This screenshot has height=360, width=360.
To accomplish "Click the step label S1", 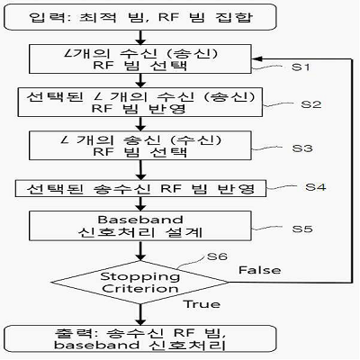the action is coord(301,67).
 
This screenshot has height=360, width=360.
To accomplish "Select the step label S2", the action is coord(311,104).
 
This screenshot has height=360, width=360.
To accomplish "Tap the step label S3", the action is coord(302,148).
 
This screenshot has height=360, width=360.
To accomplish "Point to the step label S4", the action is coord(316,187).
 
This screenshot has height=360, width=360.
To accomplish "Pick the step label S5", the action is coord(302,229).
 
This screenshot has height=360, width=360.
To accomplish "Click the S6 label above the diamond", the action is coord(217,256).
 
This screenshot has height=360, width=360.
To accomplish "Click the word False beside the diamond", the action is coord(260,270).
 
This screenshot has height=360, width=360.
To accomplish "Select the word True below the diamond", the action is coord(202,304).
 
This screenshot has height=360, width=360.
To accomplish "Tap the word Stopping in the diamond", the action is coord(140,276).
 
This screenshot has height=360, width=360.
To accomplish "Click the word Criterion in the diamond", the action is coord(140,289).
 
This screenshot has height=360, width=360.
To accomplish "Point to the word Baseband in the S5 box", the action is coord(140,220).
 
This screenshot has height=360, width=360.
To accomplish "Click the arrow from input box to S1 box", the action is coord(140,38).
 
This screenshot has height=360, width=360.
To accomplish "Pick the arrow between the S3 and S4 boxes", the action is coord(140,170).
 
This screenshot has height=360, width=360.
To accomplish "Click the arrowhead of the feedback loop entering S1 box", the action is coord(255,58).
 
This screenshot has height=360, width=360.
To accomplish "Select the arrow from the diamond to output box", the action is coord(140,314).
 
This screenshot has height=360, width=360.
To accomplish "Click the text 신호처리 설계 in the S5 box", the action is coord(140,232).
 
